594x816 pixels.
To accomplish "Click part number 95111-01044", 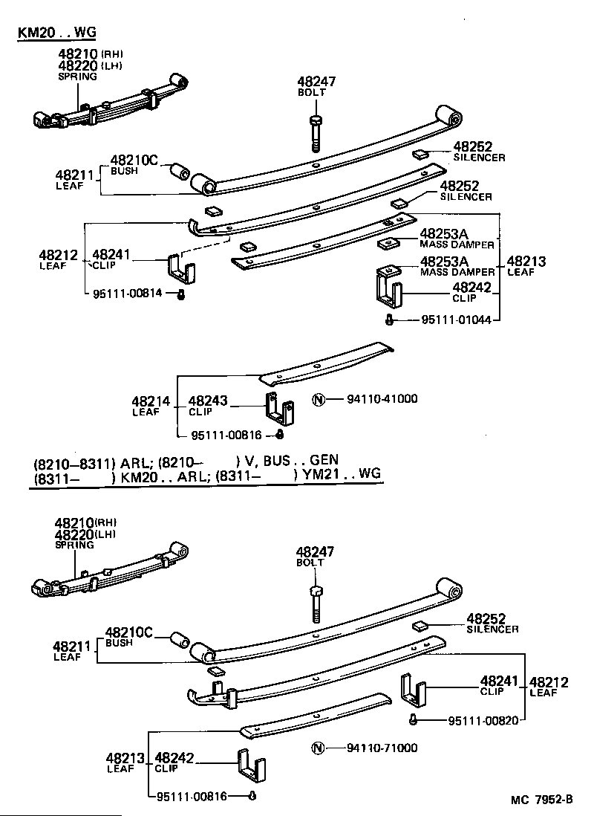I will pyautogui.click(x=457, y=320).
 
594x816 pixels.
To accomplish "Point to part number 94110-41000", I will pyautogui.click(x=382, y=399).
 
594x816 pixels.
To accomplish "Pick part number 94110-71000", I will pyautogui.click(x=382, y=748).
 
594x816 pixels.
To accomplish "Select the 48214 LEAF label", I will pyautogui.click(x=146, y=406).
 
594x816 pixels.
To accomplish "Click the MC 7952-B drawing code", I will pyautogui.click(x=541, y=800).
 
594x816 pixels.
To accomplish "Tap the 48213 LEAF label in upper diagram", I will pyautogui.click(x=526, y=266).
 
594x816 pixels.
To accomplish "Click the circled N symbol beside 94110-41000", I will pyautogui.click(x=319, y=399).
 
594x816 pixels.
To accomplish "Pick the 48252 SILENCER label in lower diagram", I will pyautogui.click(x=491, y=623).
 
